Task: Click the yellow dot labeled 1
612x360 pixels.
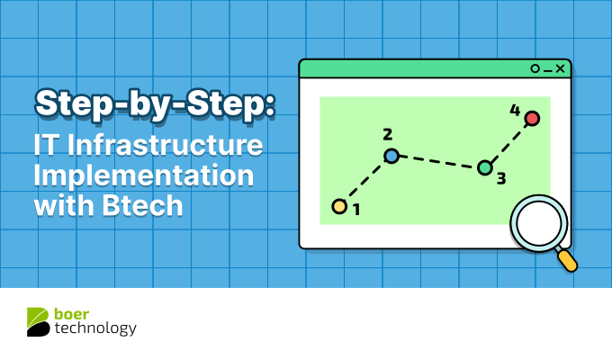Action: [339, 207]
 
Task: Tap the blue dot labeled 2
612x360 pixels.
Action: [391, 156]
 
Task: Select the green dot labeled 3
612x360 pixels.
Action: [485, 167]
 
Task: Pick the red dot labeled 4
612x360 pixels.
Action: [532, 118]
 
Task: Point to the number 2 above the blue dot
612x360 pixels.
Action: [387, 135]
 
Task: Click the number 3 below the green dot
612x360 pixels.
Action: [500, 178]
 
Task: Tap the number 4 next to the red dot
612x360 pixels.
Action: [515, 111]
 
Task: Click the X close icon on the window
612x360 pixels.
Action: [560, 68]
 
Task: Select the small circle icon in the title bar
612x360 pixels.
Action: [535, 68]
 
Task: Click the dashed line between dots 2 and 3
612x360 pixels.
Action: [438, 162]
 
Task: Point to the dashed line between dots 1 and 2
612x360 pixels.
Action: [365, 181]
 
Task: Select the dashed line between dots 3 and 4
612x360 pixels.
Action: [508, 142]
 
